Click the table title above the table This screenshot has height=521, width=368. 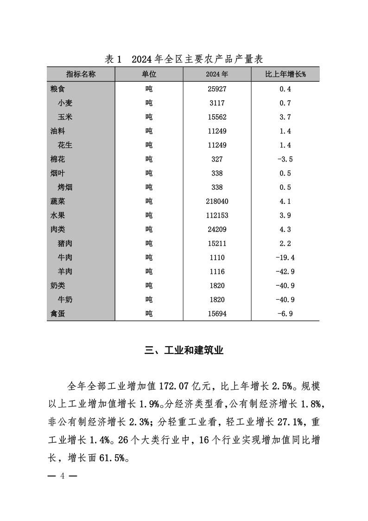click(x=184, y=59)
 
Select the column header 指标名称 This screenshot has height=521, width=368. click(x=81, y=74)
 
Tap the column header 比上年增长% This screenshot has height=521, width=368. click(x=285, y=74)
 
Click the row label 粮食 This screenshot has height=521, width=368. click(x=58, y=89)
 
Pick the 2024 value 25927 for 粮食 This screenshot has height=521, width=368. click(x=217, y=89)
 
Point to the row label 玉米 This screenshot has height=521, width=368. click(x=65, y=117)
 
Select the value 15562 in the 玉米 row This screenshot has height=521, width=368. click(x=217, y=117)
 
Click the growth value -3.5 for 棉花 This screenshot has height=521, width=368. click(x=285, y=159)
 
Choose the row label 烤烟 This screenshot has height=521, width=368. click(x=65, y=187)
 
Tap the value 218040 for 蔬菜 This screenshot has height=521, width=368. click(x=217, y=201)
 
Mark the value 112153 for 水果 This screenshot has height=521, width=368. click(x=217, y=215)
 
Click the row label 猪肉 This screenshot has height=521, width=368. click(x=65, y=244)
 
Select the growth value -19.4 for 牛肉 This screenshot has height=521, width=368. click(x=285, y=257)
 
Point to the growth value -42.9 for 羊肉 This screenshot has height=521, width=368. click(x=285, y=271)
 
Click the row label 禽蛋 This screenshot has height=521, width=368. click(x=58, y=314)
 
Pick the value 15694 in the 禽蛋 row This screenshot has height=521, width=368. click(x=217, y=314)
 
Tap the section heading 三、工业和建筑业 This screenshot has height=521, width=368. click(x=184, y=350)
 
